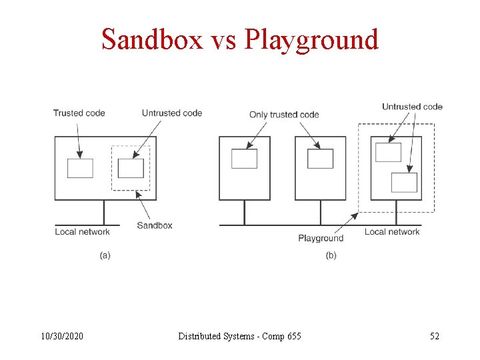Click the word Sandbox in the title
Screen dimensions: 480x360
pos(151,40)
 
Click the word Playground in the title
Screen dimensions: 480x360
pos(311,40)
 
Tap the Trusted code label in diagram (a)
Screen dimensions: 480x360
pos(79,113)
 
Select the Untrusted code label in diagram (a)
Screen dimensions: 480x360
pos(172,113)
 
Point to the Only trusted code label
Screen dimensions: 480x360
pos(284,115)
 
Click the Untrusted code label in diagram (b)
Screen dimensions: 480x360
pos(412,107)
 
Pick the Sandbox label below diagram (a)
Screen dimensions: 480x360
pos(155,225)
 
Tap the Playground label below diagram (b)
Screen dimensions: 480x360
pos(321,238)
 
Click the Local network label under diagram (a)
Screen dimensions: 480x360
pos(82,232)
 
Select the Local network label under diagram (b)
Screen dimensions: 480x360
pos(392,232)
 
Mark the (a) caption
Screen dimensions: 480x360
pos(105,255)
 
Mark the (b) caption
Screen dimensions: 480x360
pos(331,255)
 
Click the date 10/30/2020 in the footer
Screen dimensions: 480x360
pos(63,336)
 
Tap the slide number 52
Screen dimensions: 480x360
pos(435,336)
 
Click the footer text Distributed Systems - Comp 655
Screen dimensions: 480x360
pos(239,336)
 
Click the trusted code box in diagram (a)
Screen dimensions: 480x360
pos(80,168)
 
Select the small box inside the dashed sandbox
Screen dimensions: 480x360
pos(131,168)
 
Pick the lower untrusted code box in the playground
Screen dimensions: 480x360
pos(404,183)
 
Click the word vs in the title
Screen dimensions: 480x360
pos(223,40)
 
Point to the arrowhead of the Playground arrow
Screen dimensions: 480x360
pos(357,214)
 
